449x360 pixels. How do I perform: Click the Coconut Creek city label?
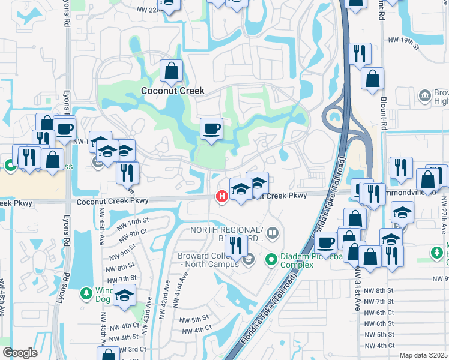172,91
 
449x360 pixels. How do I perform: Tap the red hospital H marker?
221,196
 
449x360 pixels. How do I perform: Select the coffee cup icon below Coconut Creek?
210,128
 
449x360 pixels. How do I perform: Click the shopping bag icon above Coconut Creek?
172,71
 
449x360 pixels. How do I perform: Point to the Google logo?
19,353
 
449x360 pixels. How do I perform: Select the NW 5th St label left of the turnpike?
196,318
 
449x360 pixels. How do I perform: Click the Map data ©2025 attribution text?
424,355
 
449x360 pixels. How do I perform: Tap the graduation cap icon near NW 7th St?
124,296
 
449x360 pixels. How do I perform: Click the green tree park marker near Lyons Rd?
86,293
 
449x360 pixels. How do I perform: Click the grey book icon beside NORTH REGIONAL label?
273,232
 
